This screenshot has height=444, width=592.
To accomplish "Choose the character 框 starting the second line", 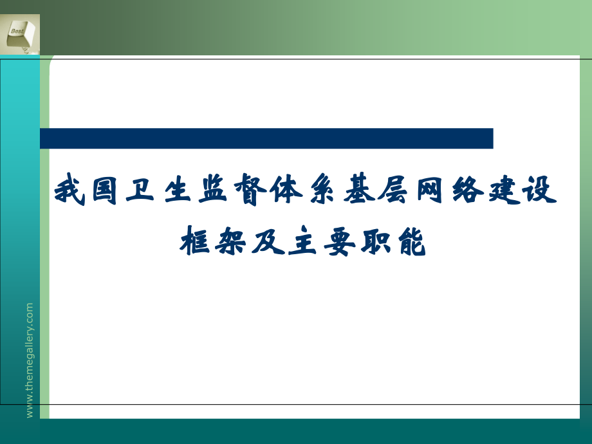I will pos(194,240).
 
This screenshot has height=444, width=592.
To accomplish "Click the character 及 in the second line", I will pos(265,240).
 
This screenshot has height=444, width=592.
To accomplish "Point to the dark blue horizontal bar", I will pos(266,138).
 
